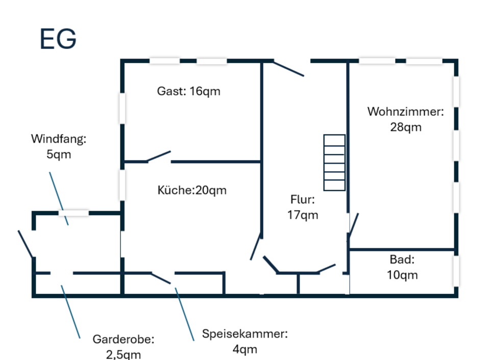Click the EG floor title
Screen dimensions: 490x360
(58, 39)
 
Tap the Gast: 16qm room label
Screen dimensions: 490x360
(188, 91)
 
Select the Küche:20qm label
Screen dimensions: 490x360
(192, 190)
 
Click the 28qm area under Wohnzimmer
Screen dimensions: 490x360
(406, 127)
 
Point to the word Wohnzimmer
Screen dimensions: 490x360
(405, 112)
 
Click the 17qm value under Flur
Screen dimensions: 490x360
(303, 215)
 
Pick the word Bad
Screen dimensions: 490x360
(402, 260)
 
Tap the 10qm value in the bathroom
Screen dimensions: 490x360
(402, 275)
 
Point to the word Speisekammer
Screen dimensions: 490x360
(244, 334)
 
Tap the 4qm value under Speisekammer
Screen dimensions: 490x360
(244, 349)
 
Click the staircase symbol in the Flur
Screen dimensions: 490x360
(334, 162)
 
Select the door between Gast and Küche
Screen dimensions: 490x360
(159, 156)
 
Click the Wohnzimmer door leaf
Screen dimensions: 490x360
(353, 225)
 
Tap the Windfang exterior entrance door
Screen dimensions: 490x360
(26, 244)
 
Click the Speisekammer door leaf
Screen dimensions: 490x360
(161, 278)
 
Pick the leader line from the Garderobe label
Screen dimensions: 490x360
(70, 312)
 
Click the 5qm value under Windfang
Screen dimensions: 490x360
(58, 154)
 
